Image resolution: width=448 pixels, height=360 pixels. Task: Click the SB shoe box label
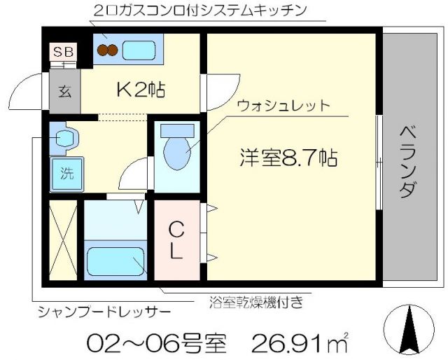click(x=64, y=53)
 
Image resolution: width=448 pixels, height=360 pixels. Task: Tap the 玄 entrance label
click(x=64, y=91)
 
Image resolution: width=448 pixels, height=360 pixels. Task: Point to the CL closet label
click(x=177, y=240)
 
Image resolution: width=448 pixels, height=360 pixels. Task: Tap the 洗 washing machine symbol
click(x=65, y=172)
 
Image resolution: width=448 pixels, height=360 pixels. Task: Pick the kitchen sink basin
click(x=139, y=50)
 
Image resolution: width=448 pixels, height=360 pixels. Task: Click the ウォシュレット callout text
click(x=283, y=106)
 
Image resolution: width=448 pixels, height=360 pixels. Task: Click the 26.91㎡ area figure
click(x=302, y=343)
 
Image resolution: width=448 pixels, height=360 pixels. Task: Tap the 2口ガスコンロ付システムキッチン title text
click(x=200, y=11)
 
